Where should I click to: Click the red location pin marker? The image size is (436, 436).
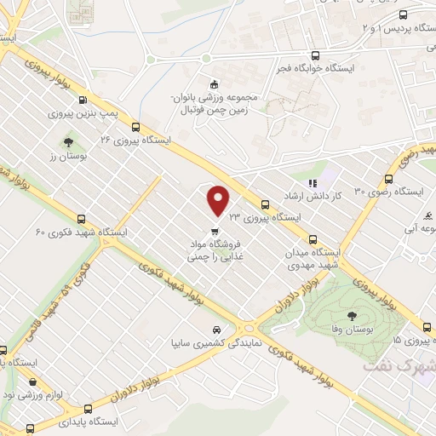pos(219,199)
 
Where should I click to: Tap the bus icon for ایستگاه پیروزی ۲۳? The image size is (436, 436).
pos(265,204)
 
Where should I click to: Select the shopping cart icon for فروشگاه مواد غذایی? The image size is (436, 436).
pos(215,230)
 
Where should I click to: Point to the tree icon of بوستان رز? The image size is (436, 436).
pos(68,141)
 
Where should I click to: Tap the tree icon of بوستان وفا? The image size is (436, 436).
pos(352,317)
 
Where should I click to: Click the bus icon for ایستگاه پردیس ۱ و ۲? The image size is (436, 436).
pos(403,14)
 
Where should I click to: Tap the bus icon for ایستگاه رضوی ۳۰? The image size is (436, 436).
pos(388,179)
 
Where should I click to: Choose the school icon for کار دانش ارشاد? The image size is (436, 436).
pos(313,182)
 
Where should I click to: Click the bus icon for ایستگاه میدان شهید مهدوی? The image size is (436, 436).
pos(313,240)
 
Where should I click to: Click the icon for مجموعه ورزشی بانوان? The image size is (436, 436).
pos(213,83)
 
